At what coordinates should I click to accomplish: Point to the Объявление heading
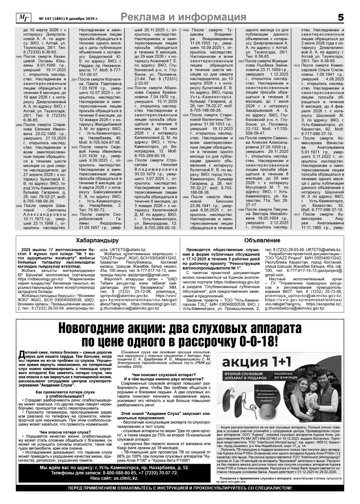pyautogui.click(x=262, y=240)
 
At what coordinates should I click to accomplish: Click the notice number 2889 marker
pyautogui.click(x=19, y=125)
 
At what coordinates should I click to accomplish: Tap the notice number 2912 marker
pyautogui.click(x=297, y=215)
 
